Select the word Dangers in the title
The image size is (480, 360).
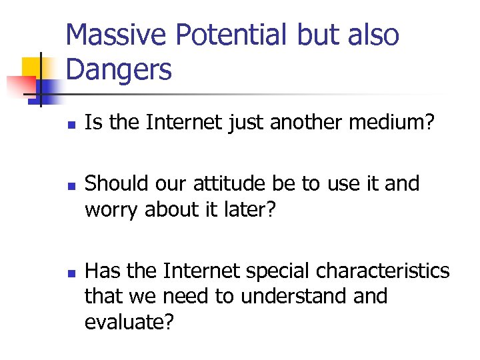[119, 69]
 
